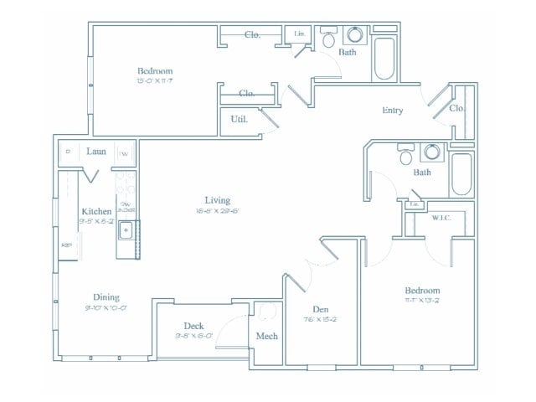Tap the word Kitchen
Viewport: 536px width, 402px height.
pos(96,211)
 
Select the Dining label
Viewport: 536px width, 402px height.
pos(106,296)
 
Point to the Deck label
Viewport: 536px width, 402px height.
pos(195,326)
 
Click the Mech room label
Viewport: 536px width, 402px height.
pos(266,336)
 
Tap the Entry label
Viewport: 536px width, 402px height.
pos(393,110)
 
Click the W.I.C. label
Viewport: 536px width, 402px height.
pos(441,218)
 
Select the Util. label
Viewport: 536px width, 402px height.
pos(238,119)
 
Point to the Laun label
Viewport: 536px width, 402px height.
pos(95,152)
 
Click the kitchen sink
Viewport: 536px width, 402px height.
pos(126,229)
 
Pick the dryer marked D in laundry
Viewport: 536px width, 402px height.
pos(68,152)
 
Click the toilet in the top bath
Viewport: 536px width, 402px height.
pos(329,39)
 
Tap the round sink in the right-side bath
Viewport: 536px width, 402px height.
pos(432,152)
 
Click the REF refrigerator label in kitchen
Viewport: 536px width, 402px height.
pos(66,245)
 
